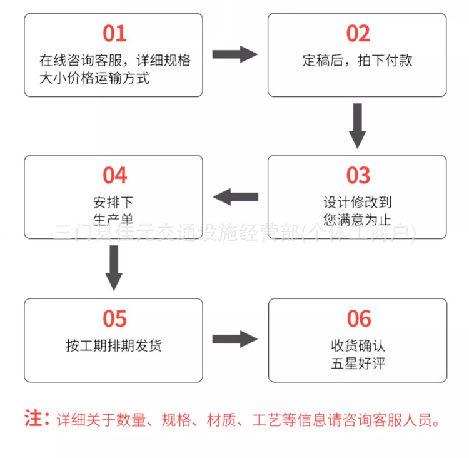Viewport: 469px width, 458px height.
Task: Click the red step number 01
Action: point(114,33)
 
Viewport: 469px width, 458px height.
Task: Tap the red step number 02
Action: point(358,33)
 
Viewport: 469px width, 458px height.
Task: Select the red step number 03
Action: point(358,175)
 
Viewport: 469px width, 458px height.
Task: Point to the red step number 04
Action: point(114,175)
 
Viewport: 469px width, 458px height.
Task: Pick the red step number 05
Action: point(114,318)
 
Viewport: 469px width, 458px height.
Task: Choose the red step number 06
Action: point(358,318)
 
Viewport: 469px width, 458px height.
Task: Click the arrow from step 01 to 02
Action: point(234,54)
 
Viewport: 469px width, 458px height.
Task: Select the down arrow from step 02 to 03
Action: point(357,125)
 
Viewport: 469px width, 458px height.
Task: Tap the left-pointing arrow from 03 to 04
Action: point(235,197)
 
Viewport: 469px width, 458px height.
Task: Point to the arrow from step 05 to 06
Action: point(234,340)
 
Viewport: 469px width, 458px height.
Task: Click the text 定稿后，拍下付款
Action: point(358,61)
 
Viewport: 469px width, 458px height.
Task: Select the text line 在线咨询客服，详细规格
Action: point(115,61)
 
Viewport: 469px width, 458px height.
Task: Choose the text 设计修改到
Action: point(358,203)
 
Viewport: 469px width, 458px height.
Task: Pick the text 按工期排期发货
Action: point(114,345)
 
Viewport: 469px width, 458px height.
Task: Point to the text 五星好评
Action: point(358,363)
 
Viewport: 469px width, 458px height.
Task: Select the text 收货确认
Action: point(358,346)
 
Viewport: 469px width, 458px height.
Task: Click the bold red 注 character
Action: point(33,418)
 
